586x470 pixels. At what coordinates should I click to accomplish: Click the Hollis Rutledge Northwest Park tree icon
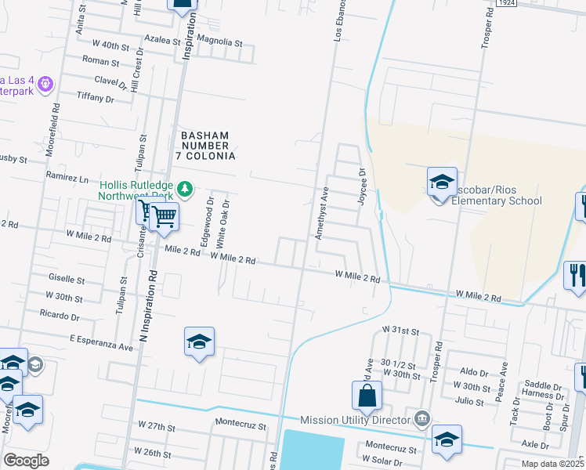pyautogui.click(x=186, y=188)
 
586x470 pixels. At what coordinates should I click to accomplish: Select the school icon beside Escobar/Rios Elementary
pyautogui.click(x=442, y=182)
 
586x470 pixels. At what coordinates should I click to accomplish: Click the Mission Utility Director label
pyautogui.click(x=356, y=420)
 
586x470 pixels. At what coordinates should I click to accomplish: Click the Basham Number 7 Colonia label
pyautogui.click(x=208, y=145)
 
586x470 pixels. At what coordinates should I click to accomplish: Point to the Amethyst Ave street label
pyautogui.click(x=320, y=213)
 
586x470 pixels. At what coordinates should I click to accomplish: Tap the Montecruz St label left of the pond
pyautogui.click(x=241, y=428)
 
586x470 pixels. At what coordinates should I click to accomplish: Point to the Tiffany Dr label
pyautogui.click(x=95, y=99)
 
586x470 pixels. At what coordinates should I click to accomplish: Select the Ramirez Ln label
pyautogui.click(x=67, y=178)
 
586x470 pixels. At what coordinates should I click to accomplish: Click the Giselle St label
pyautogui.click(x=67, y=279)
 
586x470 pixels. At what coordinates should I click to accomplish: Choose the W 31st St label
pyautogui.click(x=401, y=331)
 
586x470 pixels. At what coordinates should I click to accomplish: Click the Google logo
pyautogui.click(x=26, y=461)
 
